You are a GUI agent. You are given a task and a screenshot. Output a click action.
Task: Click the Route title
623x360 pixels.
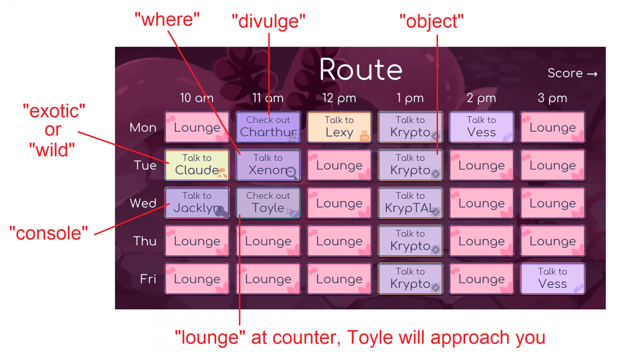pyautogui.click(x=361, y=70)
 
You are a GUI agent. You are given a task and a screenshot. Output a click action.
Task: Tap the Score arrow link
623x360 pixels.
pyautogui.click(x=572, y=73)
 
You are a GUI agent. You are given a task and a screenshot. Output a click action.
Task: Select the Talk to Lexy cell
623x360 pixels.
pyautogui.click(x=339, y=127)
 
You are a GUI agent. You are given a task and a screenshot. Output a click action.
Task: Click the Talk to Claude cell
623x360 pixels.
pyautogui.click(x=197, y=165)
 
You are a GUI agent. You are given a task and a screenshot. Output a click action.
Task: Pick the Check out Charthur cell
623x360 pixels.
pyautogui.click(x=268, y=127)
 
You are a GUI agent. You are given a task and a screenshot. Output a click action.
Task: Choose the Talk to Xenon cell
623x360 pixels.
pyautogui.click(x=268, y=165)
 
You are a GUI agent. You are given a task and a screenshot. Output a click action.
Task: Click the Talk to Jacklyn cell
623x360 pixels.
pyautogui.click(x=197, y=203)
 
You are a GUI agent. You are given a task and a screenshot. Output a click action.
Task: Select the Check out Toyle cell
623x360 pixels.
pyautogui.click(x=268, y=203)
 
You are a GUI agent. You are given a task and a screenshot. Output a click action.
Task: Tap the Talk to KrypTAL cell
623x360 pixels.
pyautogui.click(x=410, y=203)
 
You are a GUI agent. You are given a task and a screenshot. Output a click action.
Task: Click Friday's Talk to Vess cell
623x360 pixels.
pyautogui.click(x=552, y=279)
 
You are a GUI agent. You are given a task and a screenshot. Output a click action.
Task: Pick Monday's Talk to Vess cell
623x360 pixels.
pyautogui.click(x=481, y=127)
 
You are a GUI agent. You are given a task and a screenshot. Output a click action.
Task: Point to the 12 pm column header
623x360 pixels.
pyautogui.click(x=339, y=98)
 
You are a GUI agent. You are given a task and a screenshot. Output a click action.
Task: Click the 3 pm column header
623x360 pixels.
pyautogui.click(x=552, y=98)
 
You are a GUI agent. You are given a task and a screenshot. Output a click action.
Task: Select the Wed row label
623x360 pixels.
pyautogui.click(x=143, y=203)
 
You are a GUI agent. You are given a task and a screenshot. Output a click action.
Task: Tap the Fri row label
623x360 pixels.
pyautogui.click(x=148, y=279)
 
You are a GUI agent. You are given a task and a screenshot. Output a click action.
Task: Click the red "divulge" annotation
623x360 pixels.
pyautogui.click(x=268, y=21)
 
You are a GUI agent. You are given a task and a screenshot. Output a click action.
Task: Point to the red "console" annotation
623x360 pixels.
pyautogui.click(x=48, y=233)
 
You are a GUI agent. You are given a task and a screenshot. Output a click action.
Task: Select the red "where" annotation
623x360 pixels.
pyautogui.click(x=167, y=19)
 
